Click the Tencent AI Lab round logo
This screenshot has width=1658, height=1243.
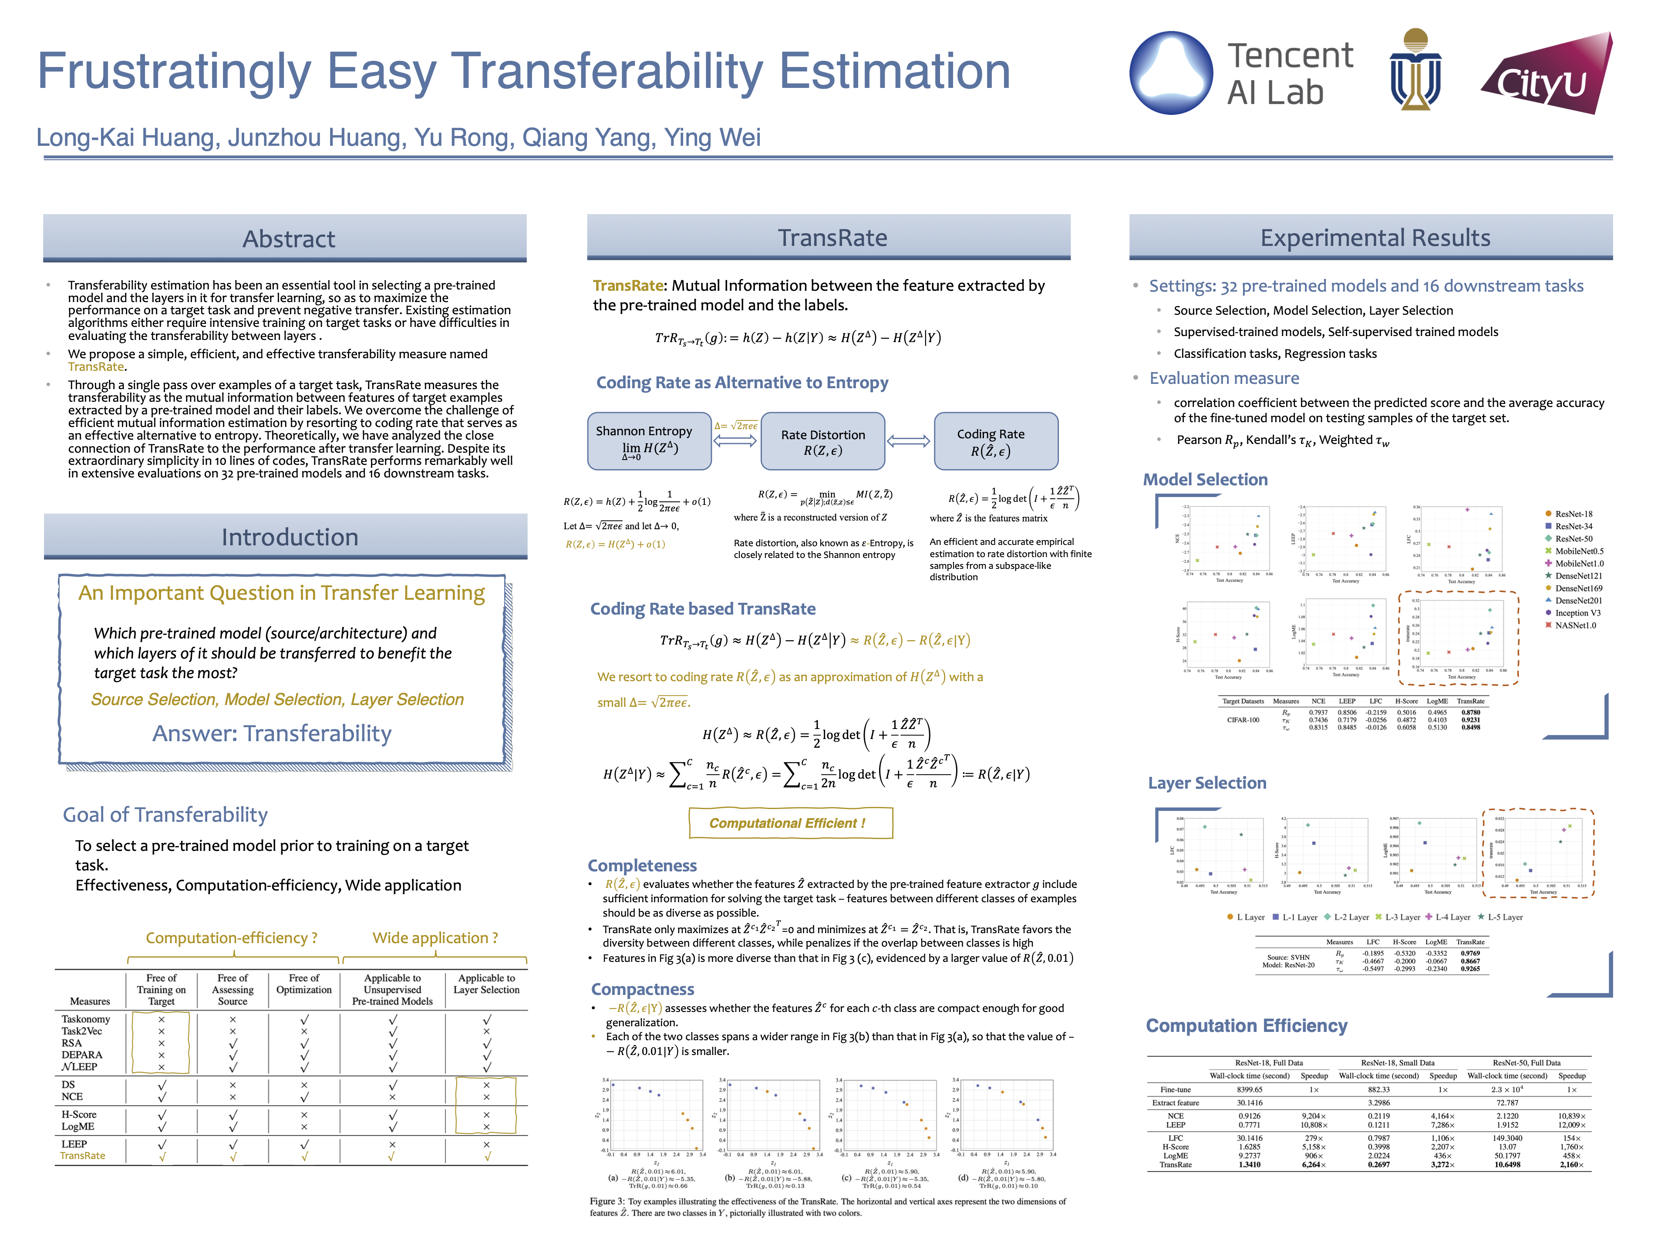1171,73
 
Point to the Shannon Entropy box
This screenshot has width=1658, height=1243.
649,440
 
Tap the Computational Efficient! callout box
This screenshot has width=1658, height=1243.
790,823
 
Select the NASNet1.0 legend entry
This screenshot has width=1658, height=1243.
1570,625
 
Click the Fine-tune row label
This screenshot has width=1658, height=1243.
1175,1089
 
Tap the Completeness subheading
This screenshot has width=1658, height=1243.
642,865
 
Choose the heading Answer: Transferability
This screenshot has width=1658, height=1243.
272,733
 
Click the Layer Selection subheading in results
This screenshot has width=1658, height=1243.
1207,783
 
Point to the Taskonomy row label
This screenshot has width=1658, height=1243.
85,1019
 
